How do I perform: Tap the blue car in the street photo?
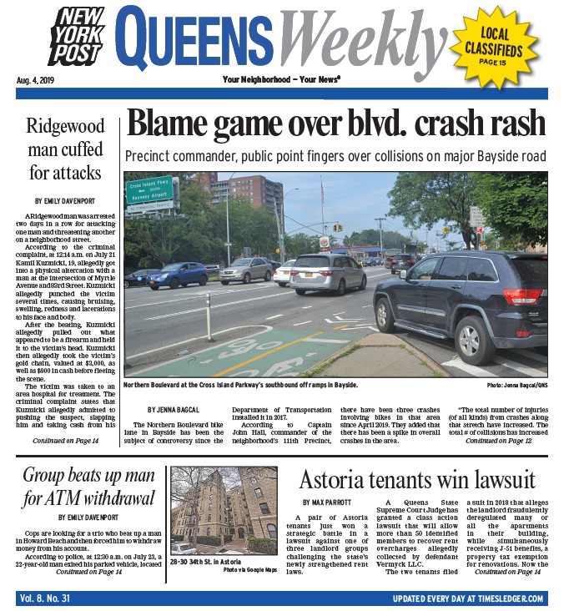(178, 274)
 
